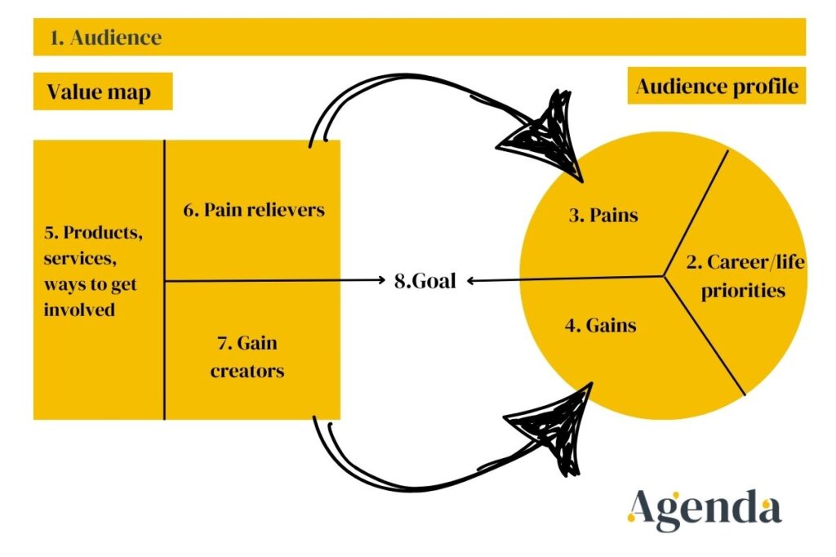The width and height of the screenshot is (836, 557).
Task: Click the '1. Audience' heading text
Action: [x=104, y=38]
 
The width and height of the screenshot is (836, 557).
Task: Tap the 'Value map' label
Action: [x=99, y=91]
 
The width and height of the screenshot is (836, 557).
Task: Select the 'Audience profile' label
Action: [x=717, y=86]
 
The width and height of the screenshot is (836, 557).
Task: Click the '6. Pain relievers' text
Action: [x=253, y=210]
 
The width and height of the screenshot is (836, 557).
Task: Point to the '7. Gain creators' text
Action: [x=247, y=357]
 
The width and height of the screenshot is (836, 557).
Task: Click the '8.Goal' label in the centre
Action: [x=421, y=281]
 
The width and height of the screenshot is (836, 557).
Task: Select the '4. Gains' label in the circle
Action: [x=600, y=326]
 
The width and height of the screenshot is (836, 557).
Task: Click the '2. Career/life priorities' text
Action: [x=736, y=276]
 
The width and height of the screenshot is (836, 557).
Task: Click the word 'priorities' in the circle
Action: [x=745, y=290]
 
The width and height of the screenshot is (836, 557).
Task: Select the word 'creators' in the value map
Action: [x=247, y=371]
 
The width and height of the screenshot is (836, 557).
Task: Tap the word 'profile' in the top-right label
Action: [x=765, y=86]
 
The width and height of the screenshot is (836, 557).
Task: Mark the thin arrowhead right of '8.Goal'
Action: [x=471, y=281]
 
